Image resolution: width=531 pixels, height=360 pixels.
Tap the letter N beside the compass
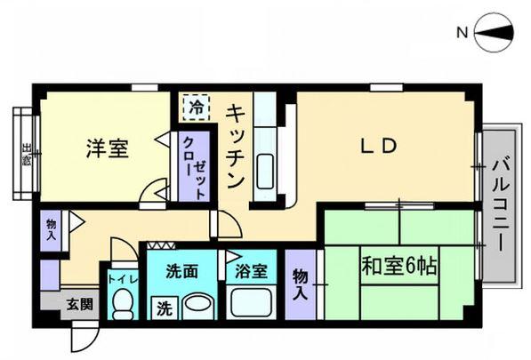pyautogui.click(x=462, y=35)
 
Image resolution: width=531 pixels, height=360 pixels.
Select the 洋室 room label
pyautogui.click(x=107, y=148)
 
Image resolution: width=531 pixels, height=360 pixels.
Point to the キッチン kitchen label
pyautogui.click(x=236, y=147)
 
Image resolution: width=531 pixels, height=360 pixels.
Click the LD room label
pyautogui.click(x=377, y=147)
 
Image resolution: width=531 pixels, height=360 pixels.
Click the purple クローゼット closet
pyautogui.click(x=194, y=165)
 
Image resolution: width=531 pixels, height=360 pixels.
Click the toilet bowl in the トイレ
pyautogui.click(x=122, y=304)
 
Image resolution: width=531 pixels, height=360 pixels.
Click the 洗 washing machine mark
pyautogui.click(x=165, y=308)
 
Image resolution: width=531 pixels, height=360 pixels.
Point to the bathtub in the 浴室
pyautogui.click(x=251, y=303)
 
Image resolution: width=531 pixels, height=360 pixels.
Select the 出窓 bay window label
pyautogui.click(x=27, y=156)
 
